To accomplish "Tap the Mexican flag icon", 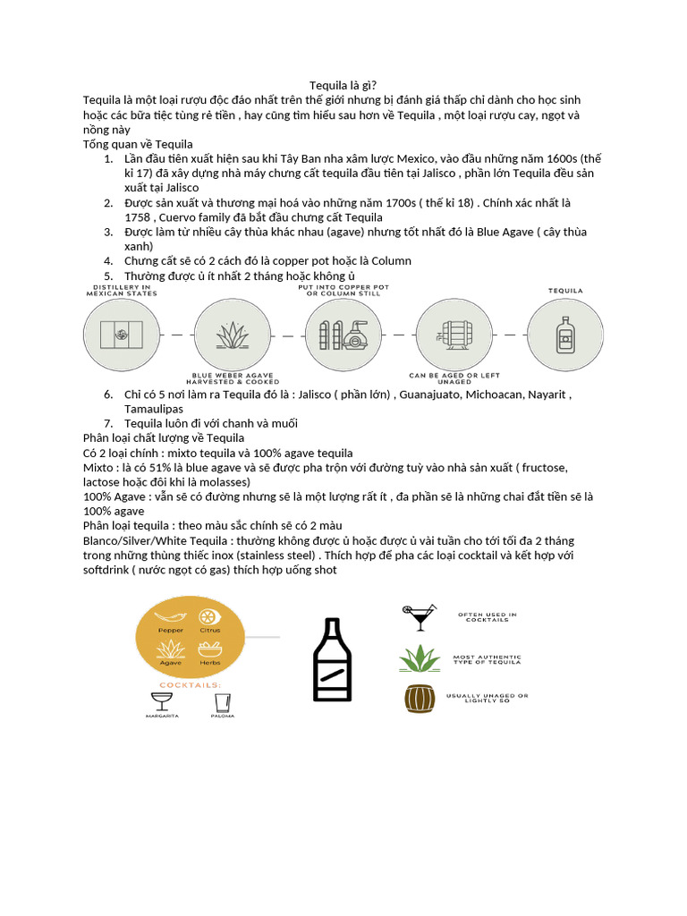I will click(122, 335).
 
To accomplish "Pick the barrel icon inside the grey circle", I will click(454, 335).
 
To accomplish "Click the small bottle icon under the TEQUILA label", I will click(564, 335).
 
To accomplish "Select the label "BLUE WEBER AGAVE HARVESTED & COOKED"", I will click(232, 379).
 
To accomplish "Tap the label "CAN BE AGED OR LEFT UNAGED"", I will click(454, 379).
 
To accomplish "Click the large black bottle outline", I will click(332, 659).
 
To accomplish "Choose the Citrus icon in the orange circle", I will click(210, 617).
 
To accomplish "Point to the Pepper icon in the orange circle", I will click(170, 616).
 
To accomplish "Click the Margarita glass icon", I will click(162, 700).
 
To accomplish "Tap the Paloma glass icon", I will click(223, 700).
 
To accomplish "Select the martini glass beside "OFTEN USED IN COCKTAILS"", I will click(417, 616).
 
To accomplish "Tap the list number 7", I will click(108, 423).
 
